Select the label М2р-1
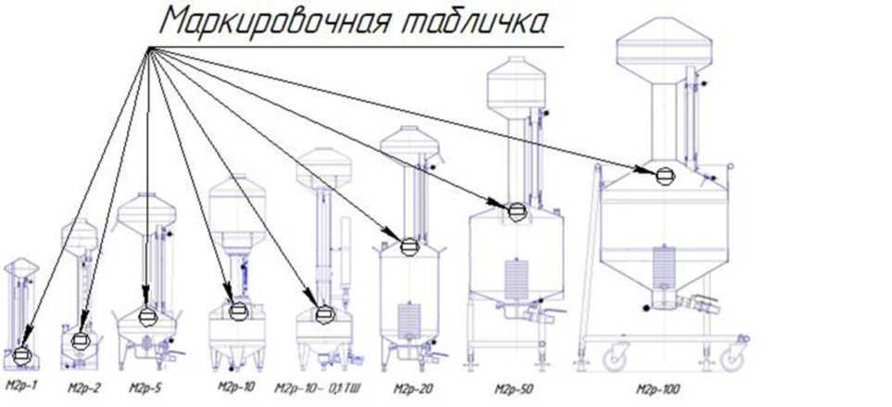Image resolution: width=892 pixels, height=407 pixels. [x=20, y=384]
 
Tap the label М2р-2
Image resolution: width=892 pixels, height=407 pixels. [x=83, y=385]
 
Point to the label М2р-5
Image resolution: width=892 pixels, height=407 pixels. [x=145, y=385]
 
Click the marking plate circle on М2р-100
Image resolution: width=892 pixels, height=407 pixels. [x=665, y=174]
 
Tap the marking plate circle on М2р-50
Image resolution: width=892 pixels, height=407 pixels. [x=517, y=211]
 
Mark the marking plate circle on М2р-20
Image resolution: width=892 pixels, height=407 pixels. [x=408, y=247]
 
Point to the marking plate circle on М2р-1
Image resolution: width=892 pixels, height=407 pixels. [x=23, y=354]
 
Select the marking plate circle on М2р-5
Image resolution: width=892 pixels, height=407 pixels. [x=147, y=316]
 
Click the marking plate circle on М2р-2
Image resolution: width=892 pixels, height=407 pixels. [x=82, y=341]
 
